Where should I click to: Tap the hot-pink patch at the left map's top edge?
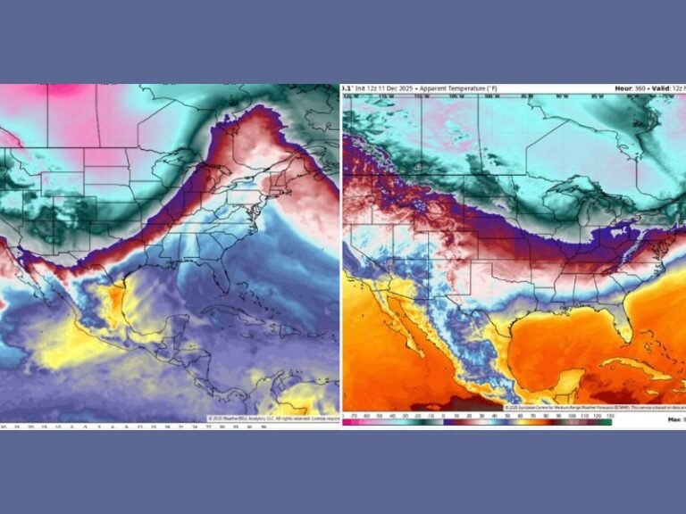[67, 90]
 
